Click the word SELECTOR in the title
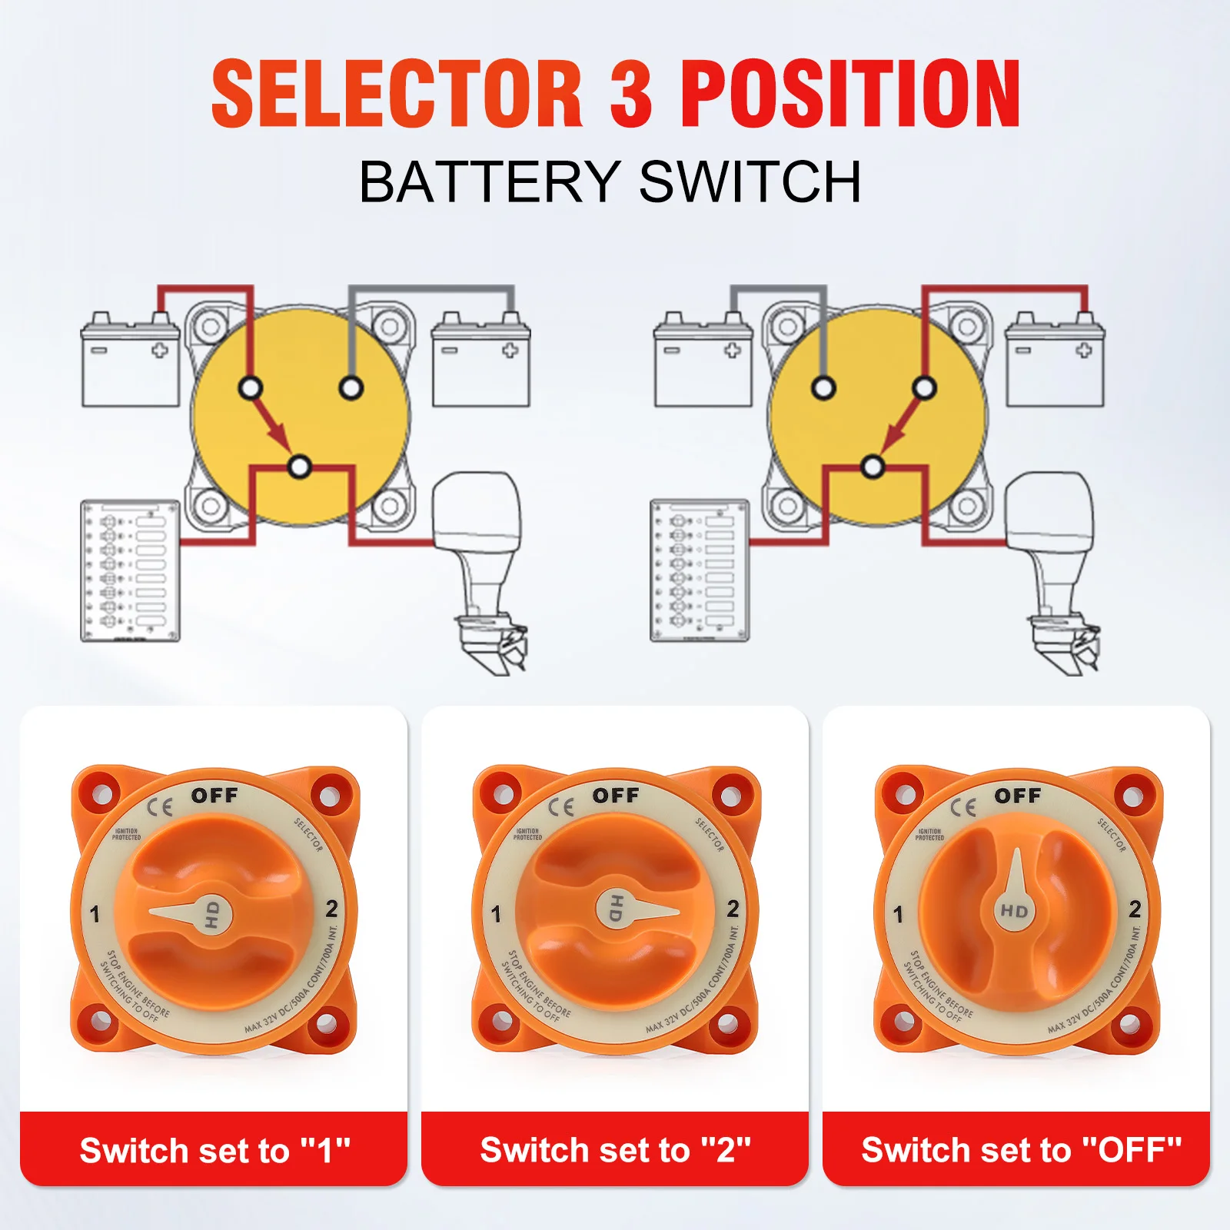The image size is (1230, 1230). pyautogui.click(x=397, y=93)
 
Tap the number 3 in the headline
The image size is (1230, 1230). pyautogui.click(x=632, y=93)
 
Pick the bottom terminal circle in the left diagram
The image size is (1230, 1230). pyautogui.click(x=300, y=467)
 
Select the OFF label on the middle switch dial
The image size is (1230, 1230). pyautogui.click(x=615, y=795)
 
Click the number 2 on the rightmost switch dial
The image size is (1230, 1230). pyautogui.click(x=1135, y=909)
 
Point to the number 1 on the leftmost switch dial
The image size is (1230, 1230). pyautogui.click(x=95, y=914)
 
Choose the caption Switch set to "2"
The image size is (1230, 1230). pyautogui.click(x=615, y=1150)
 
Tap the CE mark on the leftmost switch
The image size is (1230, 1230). pyautogui.click(x=160, y=806)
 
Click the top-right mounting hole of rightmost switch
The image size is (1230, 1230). pyautogui.click(x=1133, y=796)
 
